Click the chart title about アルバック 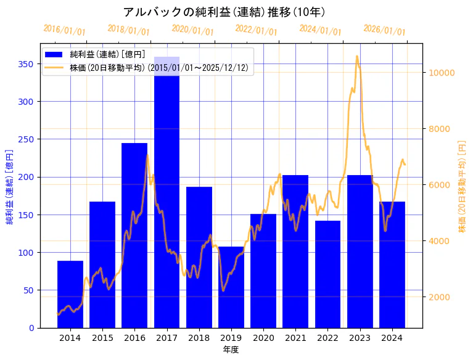click(224, 12)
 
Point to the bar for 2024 click(392, 264)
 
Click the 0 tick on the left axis click(31, 328)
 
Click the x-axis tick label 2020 click(263, 338)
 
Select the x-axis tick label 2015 click(102, 338)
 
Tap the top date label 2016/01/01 click(65, 30)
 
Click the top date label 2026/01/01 click(384, 30)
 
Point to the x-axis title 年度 click(231, 350)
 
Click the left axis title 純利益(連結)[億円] click(10, 187)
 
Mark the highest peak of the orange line click(356, 56)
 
